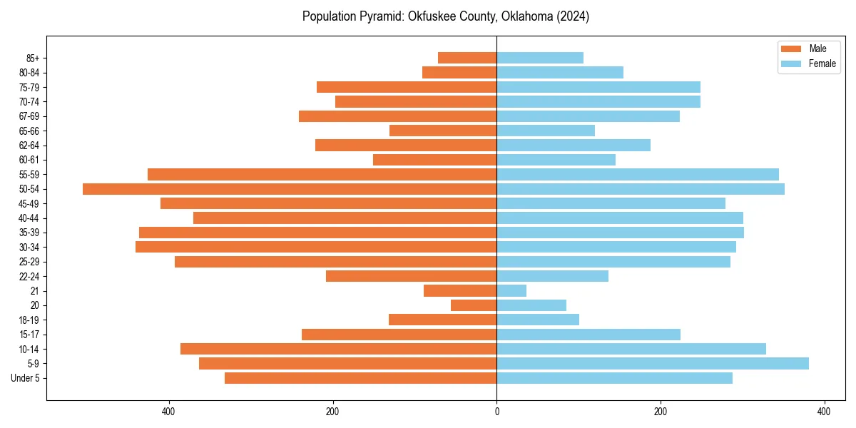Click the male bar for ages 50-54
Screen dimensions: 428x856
(x=290, y=189)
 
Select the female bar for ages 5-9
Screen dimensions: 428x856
(x=653, y=364)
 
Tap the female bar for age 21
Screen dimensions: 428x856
(x=511, y=291)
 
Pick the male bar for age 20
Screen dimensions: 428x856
(x=474, y=305)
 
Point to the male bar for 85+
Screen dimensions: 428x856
(x=467, y=58)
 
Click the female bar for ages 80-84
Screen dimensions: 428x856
(x=560, y=73)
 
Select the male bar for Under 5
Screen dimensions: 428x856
(x=360, y=378)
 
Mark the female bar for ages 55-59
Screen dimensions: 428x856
(x=638, y=175)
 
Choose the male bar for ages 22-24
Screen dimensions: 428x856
(x=411, y=276)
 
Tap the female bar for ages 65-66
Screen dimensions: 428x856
(x=546, y=131)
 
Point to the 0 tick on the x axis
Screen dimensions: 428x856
(x=496, y=412)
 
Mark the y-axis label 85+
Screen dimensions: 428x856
(x=32, y=58)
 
